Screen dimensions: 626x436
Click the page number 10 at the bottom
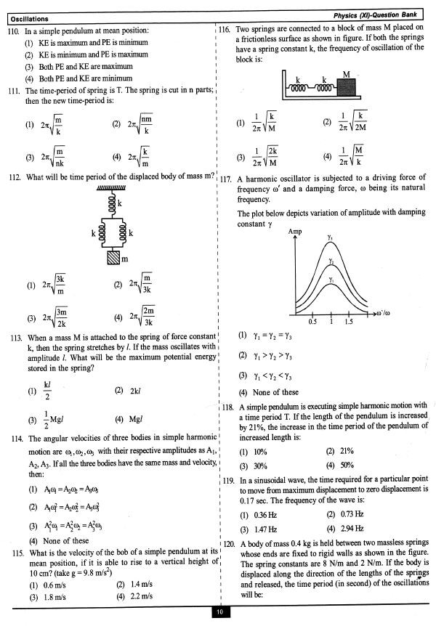coord(219,614)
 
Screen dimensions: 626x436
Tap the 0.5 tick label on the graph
coord(312,320)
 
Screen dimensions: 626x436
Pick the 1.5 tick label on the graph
coord(349,320)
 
